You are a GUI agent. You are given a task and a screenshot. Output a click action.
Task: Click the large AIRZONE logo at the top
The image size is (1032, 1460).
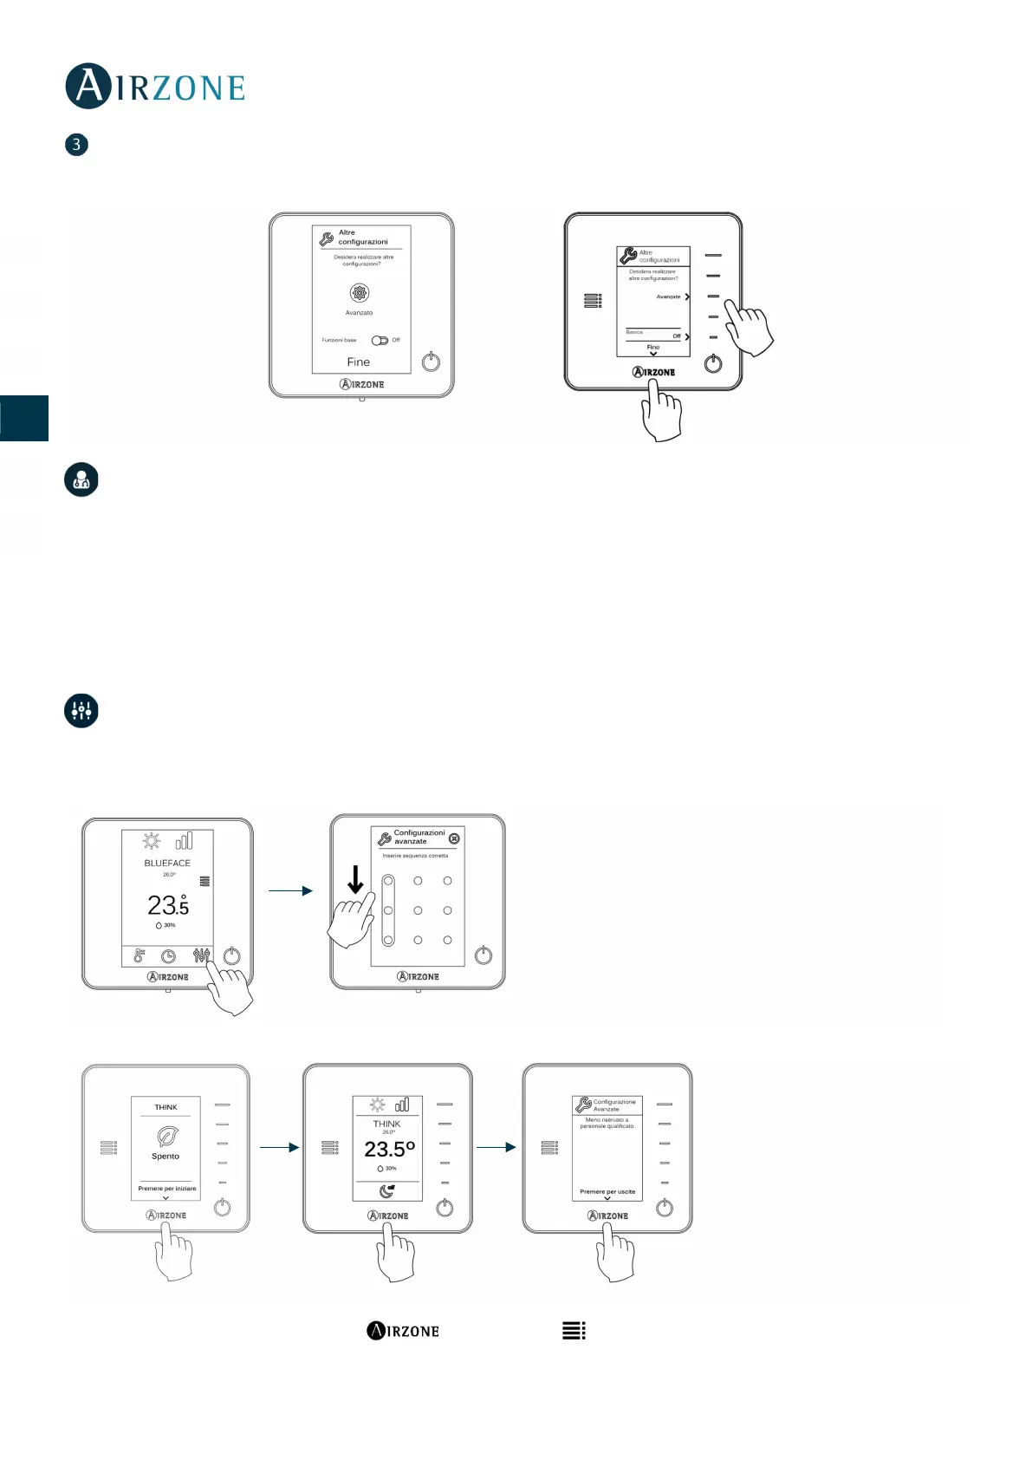156,87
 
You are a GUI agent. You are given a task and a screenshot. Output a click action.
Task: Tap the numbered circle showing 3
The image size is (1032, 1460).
76,145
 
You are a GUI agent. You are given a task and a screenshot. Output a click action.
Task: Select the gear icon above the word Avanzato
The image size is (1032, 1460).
359,293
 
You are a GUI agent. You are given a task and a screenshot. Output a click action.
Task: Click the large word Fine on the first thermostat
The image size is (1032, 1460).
358,362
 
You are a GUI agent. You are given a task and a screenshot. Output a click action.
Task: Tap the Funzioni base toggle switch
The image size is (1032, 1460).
380,340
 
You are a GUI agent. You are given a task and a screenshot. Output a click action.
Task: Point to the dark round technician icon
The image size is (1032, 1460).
81,479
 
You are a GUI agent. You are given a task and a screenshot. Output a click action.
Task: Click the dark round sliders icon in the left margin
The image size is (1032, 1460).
81,711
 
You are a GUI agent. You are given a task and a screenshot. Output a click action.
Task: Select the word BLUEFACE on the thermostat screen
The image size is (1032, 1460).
167,864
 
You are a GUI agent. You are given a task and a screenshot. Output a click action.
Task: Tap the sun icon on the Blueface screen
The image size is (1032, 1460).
152,841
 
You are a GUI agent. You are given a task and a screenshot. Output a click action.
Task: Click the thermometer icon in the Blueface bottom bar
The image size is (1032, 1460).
139,956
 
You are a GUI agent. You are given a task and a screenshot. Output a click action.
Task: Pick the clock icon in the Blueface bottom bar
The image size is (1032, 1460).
169,956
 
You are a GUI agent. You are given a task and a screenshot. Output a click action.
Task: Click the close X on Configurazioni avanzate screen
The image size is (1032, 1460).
454,838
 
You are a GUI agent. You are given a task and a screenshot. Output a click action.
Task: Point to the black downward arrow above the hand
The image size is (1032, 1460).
355,880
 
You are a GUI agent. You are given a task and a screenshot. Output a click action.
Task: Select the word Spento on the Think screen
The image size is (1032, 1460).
166,1157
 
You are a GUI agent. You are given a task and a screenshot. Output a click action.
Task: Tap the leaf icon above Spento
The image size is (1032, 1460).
166,1136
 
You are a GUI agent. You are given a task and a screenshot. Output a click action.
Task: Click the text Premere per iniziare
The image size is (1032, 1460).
166,1189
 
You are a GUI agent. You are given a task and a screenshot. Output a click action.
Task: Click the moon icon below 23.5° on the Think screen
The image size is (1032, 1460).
386,1191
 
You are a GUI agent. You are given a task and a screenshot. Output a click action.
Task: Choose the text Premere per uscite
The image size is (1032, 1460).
607,1192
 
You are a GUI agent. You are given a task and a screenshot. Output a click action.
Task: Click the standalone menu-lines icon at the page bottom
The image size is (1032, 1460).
574,1331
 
